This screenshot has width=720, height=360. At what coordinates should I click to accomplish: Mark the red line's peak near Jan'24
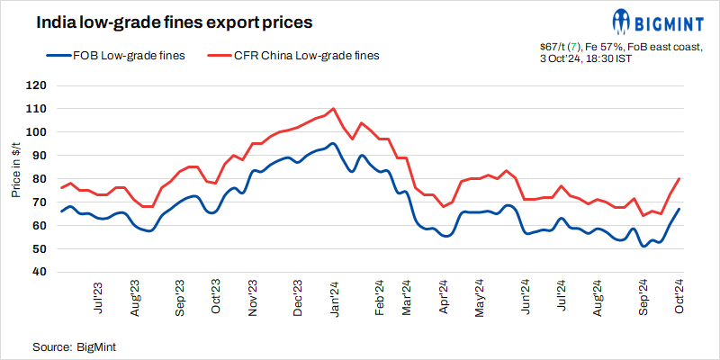pos(334,108)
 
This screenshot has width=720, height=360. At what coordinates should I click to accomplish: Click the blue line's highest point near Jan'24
pos(333,143)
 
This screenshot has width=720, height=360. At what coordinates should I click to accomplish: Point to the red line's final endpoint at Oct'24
pos(679,178)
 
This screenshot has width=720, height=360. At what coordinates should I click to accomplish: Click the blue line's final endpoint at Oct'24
pos(679,209)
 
